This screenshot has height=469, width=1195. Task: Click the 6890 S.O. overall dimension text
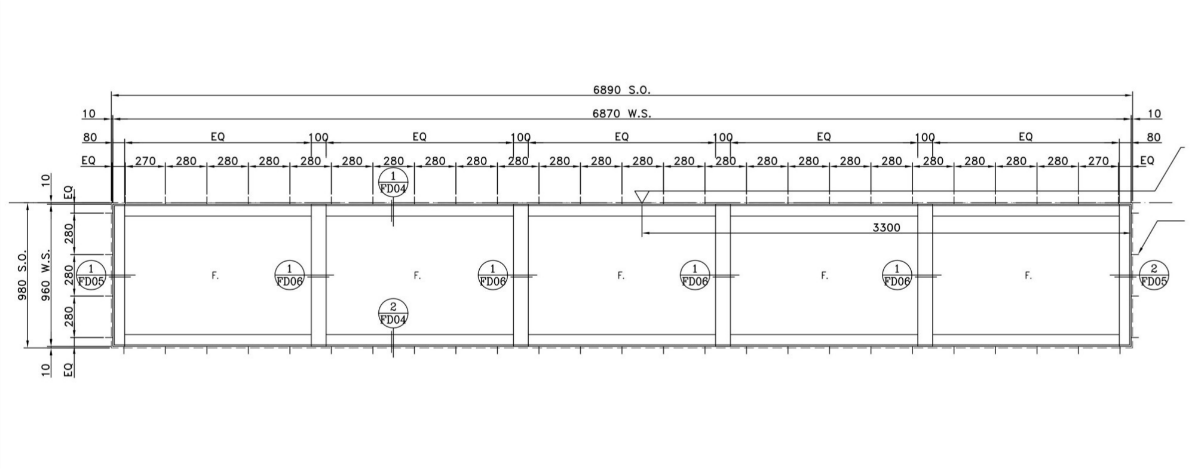click(x=621, y=90)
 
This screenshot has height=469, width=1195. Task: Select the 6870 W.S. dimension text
click(x=621, y=114)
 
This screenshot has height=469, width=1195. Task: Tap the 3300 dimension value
click(x=886, y=228)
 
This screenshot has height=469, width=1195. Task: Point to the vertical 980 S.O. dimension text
click(x=23, y=275)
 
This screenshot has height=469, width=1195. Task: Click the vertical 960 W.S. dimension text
click(x=45, y=275)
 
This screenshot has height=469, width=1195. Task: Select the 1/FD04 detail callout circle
click(x=393, y=182)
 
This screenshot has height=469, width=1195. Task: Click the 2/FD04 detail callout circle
click(x=393, y=313)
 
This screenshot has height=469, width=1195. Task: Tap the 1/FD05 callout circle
click(x=91, y=275)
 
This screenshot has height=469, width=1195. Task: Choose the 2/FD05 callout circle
click(x=1154, y=275)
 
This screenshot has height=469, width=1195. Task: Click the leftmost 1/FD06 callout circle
click(x=290, y=275)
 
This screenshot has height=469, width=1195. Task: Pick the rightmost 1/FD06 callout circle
click(x=896, y=275)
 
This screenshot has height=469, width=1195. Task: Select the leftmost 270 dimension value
click(x=145, y=161)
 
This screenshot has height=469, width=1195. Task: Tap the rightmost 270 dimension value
click(x=1099, y=161)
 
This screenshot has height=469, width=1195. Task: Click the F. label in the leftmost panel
click(x=216, y=275)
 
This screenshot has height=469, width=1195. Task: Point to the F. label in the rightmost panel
click(x=1028, y=275)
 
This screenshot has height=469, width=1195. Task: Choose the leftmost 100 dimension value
click(x=318, y=137)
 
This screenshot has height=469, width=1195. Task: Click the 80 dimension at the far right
click(x=1154, y=137)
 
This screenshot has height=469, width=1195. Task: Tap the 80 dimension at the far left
click(x=90, y=137)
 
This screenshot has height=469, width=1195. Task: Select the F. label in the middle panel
click(x=621, y=275)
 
